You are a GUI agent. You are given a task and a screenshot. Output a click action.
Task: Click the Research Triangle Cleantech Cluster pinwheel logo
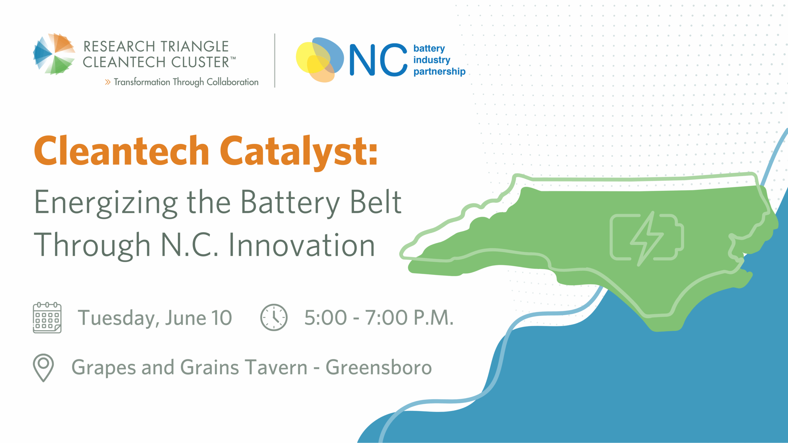54,54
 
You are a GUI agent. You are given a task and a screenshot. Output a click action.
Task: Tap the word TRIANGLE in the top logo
195,46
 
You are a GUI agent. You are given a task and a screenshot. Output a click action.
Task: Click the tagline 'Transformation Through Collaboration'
186,82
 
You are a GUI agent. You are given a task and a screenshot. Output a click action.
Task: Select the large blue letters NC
378,60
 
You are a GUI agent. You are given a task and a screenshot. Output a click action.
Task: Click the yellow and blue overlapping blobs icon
320,60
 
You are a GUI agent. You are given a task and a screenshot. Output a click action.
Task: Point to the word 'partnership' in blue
439,71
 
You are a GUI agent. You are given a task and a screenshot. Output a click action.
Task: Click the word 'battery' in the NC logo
429,49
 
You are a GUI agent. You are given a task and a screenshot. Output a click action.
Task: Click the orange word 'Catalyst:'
299,152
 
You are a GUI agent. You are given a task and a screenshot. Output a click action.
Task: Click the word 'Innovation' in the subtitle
302,245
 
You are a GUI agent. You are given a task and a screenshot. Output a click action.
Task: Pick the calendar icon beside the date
47,318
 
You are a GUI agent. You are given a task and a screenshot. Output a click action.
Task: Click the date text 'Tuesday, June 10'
155,318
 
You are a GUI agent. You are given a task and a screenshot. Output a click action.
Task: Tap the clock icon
274,317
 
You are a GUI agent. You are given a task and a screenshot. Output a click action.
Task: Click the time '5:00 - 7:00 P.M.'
379,317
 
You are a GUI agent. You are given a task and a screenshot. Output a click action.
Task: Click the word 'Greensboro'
379,368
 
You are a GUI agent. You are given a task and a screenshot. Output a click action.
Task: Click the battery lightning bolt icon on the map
647,238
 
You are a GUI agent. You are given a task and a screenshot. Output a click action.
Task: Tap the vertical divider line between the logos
275,61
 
